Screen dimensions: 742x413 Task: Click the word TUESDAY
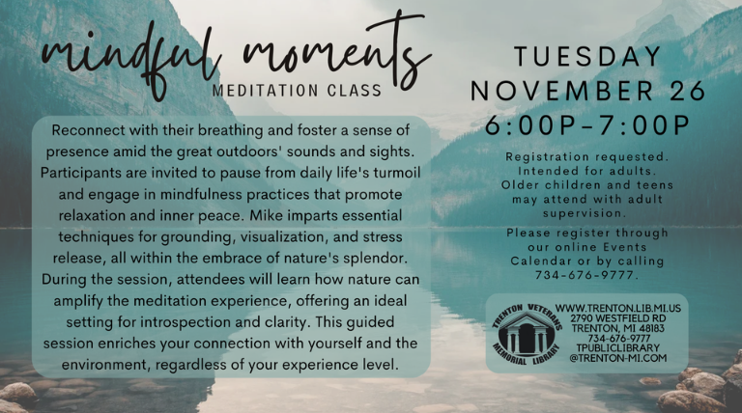[x=587, y=57]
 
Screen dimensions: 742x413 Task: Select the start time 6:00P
[x=529, y=125]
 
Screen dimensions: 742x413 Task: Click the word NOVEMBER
[x=561, y=91]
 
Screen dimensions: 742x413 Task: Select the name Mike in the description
[x=265, y=215]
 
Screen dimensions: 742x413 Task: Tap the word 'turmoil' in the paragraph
[x=397, y=173]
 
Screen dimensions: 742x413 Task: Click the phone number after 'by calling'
[x=586, y=275]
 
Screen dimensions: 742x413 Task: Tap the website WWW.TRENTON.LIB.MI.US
[x=618, y=308]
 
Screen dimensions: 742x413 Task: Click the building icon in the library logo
[x=526, y=333]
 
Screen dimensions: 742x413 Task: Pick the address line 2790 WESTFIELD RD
[x=618, y=318]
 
